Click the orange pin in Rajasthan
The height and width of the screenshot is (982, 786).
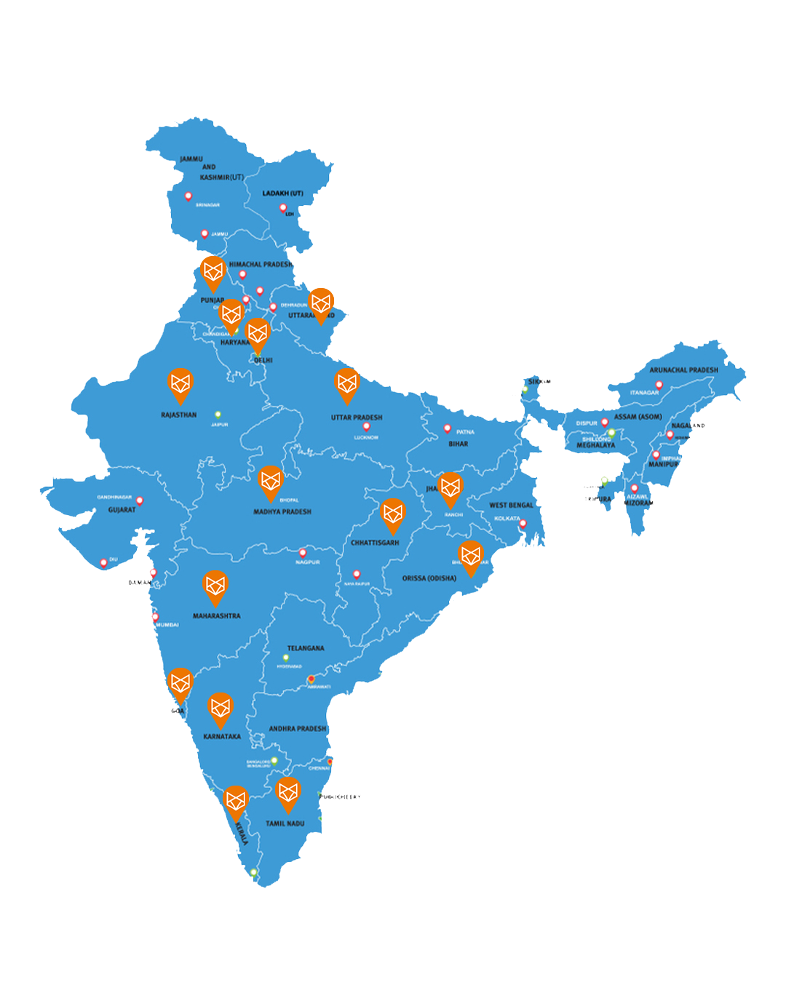180,383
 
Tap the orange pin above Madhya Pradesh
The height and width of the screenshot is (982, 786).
271,482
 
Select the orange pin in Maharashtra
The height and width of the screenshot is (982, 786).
215,586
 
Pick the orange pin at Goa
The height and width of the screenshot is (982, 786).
180,684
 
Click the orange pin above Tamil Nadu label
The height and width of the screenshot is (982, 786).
288,792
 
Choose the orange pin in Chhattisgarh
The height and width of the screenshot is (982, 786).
393,514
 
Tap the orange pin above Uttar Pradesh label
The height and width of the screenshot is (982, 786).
347,383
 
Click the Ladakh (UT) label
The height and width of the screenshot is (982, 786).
283,193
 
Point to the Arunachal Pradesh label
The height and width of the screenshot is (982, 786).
683,370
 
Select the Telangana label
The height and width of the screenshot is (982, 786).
306,648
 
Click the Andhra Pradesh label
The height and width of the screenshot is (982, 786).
298,728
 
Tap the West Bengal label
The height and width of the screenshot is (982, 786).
511,505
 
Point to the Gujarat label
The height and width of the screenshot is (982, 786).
122,510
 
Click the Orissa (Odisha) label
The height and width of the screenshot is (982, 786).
429,578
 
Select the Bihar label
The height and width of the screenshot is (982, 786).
458,444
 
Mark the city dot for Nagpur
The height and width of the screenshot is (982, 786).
303,553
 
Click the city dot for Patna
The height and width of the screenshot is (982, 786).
448,428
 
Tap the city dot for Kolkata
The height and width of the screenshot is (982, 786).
523,523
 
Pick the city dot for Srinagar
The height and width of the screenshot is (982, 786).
188,196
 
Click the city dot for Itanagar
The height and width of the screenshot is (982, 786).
659,385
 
